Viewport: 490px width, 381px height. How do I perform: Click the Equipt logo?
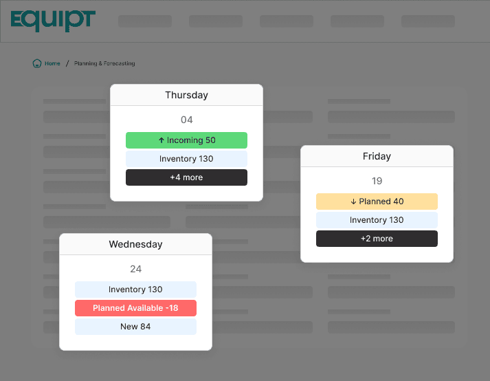point(53,21)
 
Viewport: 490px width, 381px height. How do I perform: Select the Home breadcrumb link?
point(52,63)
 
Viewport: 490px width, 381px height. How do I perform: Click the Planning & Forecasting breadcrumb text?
point(104,63)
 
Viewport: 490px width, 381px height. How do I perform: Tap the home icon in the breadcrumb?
point(37,63)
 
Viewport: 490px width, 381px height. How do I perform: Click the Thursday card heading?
point(186,95)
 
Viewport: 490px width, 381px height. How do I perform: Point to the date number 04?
point(186,120)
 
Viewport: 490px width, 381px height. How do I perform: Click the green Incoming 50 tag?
point(186,140)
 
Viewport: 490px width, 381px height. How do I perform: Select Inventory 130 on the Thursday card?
point(186,159)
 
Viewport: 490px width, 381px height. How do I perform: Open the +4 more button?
point(186,177)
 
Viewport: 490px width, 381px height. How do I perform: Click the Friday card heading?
point(377,156)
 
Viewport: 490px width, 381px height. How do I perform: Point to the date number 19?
point(377,181)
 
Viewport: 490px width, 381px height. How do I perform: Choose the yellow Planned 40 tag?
point(377,202)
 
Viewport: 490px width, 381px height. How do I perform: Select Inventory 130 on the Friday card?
point(377,220)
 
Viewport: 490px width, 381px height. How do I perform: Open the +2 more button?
point(377,239)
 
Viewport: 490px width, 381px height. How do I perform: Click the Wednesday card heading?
point(135,244)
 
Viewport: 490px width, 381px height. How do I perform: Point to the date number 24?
point(135,269)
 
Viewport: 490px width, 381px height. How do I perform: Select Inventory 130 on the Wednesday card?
point(135,290)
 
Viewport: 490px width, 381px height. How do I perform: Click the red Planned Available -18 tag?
point(135,308)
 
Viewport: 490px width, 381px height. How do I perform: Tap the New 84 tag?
point(135,327)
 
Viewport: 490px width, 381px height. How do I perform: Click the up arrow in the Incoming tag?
point(162,140)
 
